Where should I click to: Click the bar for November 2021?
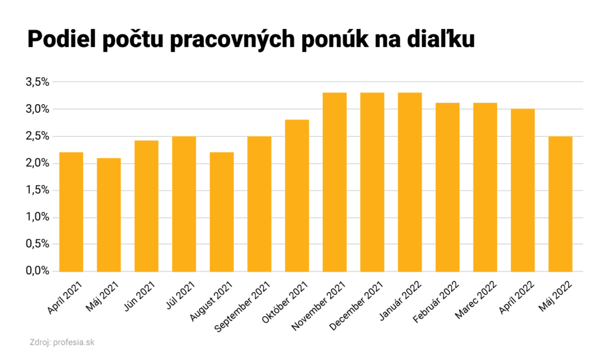pos(335,182)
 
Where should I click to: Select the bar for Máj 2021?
pos(109,215)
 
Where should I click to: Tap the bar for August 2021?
pos(222,212)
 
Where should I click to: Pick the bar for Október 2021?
pos(297,196)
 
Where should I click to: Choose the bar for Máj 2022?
pos(560,204)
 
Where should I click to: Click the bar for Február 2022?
pos(447,187)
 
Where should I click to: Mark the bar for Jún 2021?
pos(146,206)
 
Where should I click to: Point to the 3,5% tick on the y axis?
pos(37,82)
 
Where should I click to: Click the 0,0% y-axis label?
pos(37,271)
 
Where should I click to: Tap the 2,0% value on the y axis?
pos(37,163)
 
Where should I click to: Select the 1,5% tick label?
pos(37,190)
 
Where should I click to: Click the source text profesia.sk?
pos(73,342)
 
